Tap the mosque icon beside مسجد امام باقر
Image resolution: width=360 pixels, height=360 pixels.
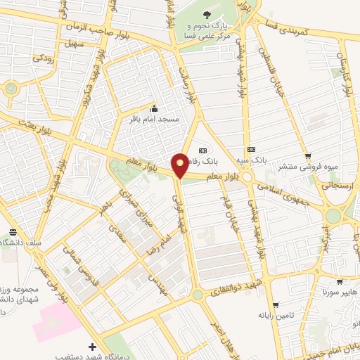click(x=155, y=109)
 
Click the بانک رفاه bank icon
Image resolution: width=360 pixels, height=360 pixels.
click(x=203, y=149)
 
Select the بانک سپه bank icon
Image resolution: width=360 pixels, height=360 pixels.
click(x=251, y=149)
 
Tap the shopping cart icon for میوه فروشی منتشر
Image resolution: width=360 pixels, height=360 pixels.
click(x=307, y=156)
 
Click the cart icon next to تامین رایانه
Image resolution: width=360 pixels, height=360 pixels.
click(x=276, y=305)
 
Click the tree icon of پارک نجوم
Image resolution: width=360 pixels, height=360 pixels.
click(x=206, y=14)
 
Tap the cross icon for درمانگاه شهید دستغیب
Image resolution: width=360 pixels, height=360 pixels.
click(x=93, y=347)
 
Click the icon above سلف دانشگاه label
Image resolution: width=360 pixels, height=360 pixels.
click(x=13, y=232)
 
